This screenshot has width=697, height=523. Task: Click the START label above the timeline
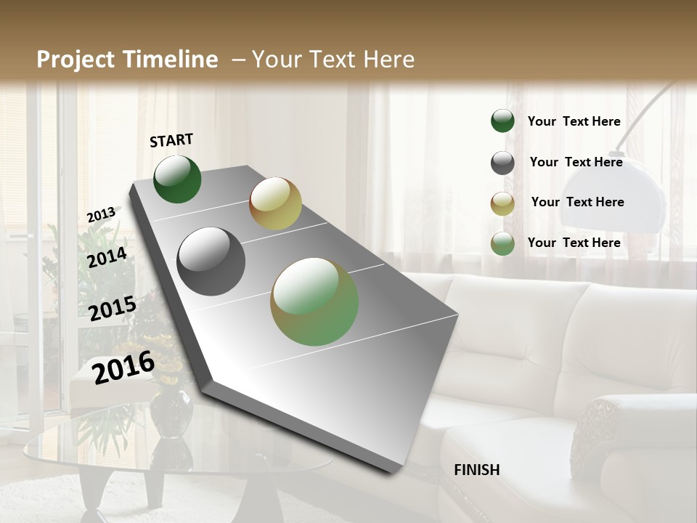coord(171,140)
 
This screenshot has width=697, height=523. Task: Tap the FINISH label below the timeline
coord(476,470)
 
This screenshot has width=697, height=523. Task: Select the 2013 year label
coord(101,214)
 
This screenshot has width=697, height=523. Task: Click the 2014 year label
coord(107,257)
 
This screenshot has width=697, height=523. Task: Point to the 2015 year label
coord(113,308)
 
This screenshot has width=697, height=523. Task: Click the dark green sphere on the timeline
coord(177,179)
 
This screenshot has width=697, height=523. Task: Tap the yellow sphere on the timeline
coord(275,203)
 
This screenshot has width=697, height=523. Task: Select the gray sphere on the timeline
coord(211,261)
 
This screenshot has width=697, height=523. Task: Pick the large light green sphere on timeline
coord(314,301)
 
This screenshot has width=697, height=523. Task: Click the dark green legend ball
coord(502,121)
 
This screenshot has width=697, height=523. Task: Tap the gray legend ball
coord(502,163)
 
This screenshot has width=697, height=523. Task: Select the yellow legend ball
coord(502,203)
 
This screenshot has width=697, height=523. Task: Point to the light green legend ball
coord(502,243)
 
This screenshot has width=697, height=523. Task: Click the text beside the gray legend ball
coord(576,162)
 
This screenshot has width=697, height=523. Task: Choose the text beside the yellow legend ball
coord(577,202)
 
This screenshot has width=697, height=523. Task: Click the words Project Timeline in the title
coord(127,60)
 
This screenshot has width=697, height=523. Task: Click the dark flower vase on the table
coord(171,410)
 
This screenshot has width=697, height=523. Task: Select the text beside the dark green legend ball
coord(574,121)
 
